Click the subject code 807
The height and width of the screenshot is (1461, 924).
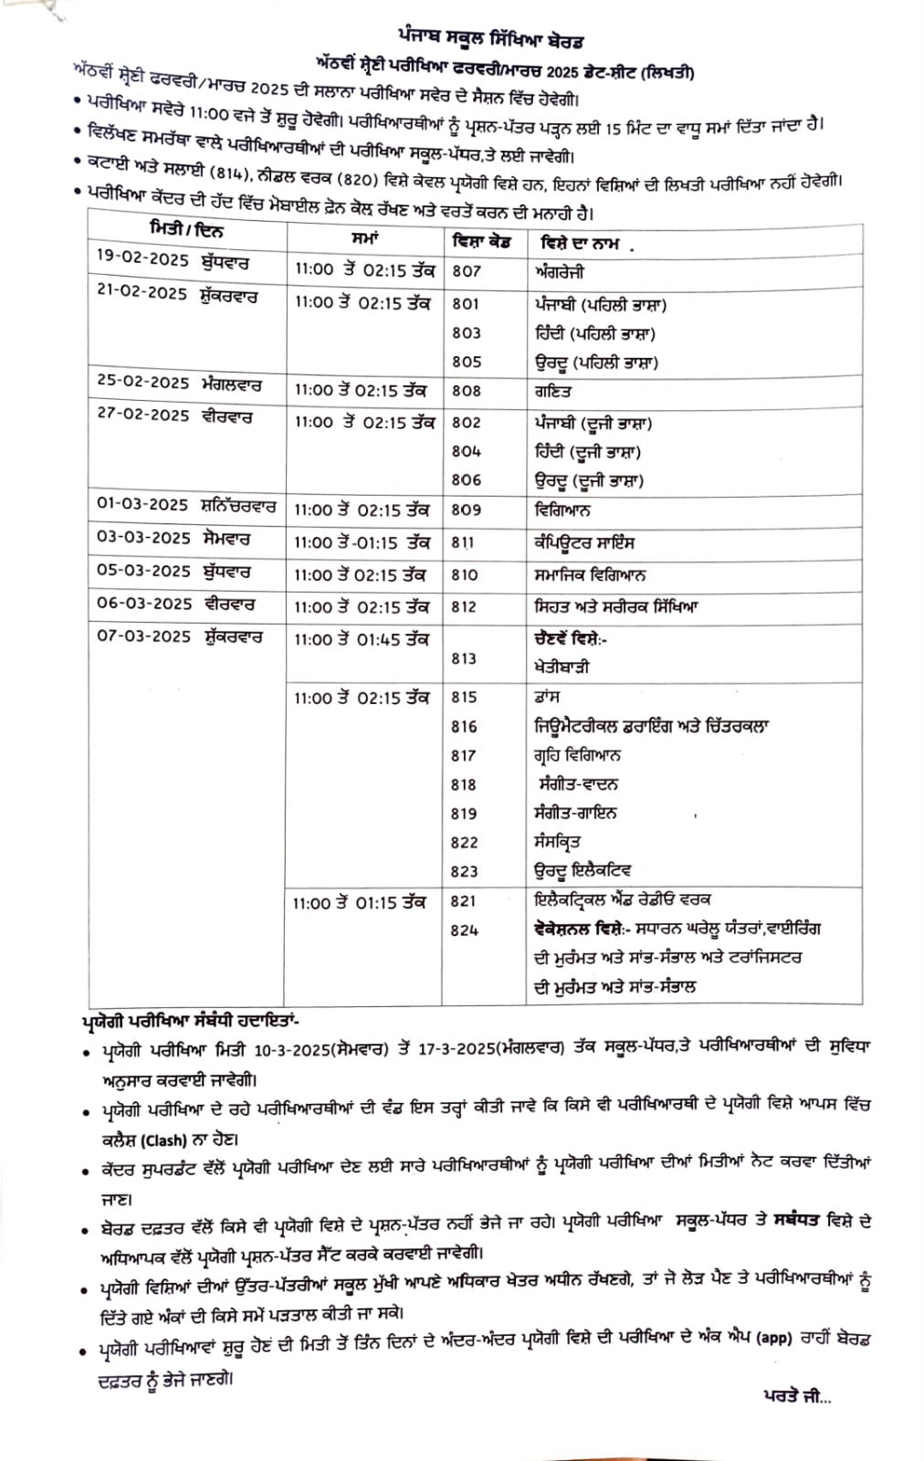coord(466,271)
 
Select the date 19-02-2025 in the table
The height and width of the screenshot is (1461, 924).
coord(142,259)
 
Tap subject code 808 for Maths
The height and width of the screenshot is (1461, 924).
coord(466,391)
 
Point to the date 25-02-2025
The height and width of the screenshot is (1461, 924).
coord(143,384)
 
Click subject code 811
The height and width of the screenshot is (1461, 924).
coord(463,542)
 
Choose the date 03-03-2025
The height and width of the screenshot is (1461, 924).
coord(143,538)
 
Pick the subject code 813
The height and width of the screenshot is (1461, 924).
coord(464,658)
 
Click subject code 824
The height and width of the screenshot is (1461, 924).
coord(464,930)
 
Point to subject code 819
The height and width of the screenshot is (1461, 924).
coord(464,814)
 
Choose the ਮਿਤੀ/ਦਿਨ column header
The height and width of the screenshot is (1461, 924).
coord(186,227)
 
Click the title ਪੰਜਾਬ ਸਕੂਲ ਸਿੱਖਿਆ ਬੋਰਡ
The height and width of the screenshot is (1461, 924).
coord(491,41)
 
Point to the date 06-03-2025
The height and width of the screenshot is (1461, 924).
coord(143,604)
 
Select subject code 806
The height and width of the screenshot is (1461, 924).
coord(466,479)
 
